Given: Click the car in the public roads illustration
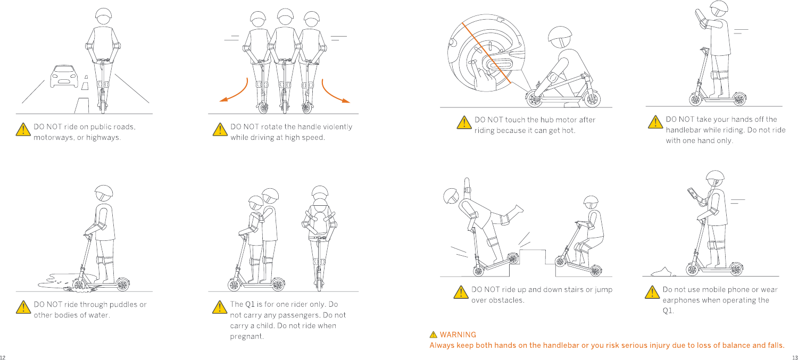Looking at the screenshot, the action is [x=64, y=76].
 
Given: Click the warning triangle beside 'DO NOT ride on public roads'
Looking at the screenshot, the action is [x=23, y=129].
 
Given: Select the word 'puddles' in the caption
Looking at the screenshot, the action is [x=123, y=305].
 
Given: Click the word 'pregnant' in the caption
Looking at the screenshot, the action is [x=246, y=337].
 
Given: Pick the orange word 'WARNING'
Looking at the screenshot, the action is [x=458, y=334].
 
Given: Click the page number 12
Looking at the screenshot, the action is [x=3, y=357].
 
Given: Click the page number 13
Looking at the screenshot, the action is [x=795, y=357].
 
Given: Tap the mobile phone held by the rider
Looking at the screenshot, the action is [x=692, y=193].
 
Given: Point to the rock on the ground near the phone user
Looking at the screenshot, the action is [x=661, y=272].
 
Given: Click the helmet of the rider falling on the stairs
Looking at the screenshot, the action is [x=451, y=196].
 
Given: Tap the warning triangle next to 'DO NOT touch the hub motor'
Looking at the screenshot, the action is [x=464, y=122].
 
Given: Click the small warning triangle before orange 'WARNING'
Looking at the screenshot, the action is [x=433, y=334].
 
